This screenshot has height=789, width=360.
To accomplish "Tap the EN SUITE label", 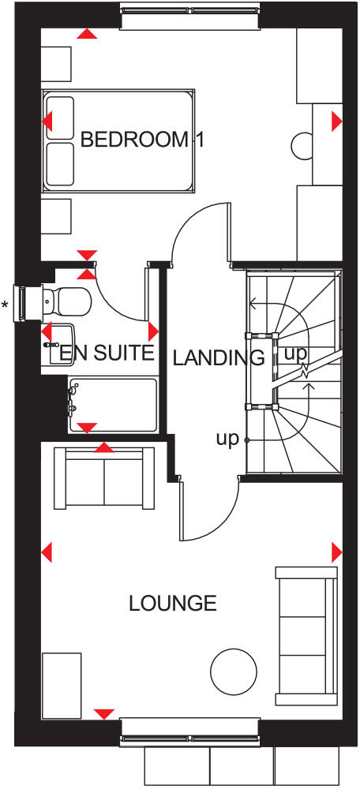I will [x=107, y=353].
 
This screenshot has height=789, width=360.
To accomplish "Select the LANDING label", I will [x=219, y=357].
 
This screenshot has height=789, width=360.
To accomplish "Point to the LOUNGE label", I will [x=172, y=604].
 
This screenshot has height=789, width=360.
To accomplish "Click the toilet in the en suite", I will [x=66, y=300].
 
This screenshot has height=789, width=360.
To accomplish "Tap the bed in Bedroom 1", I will [x=118, y=140].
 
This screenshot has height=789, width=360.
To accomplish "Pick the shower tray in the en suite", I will [x=113, y=405].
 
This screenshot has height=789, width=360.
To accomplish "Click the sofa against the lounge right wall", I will [x=302, y=636].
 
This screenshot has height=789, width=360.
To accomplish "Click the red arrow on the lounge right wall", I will [x=337, y=550].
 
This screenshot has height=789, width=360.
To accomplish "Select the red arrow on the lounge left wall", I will [x=47, y=550].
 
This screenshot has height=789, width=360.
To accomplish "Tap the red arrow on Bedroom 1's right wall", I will [x=337, y=121].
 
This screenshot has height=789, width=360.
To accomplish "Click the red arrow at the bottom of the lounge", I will [x=103, y=714].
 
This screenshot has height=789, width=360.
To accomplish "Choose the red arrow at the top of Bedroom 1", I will [x=88, y=34].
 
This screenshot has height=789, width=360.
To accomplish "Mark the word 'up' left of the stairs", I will [x=227, y=439].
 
